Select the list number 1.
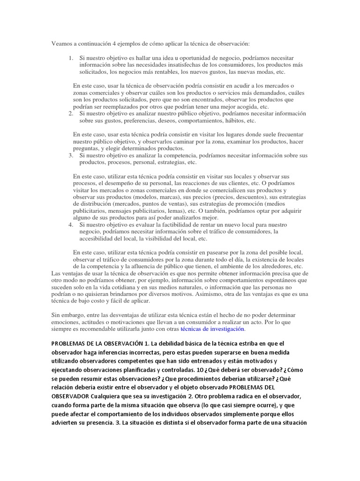tap(70, 58)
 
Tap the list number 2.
tap(70, 113)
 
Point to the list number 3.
tap(70, 155)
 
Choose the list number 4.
tap(70, 225)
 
